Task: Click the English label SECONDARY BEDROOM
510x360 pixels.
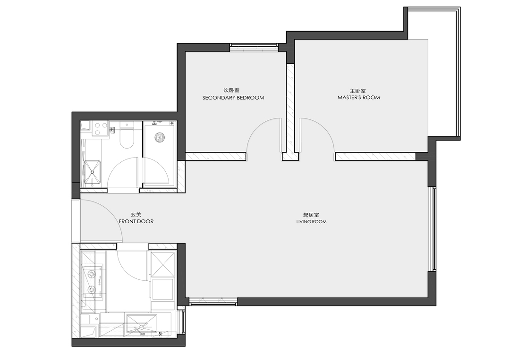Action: pos(233,98)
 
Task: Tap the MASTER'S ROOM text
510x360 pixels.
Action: pos(359,98)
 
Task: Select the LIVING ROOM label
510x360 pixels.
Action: pos(312,222)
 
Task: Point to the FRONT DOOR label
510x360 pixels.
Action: pos(136,222)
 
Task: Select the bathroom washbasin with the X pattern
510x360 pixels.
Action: pos(93,173)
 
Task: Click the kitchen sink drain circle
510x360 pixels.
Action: pos(142,327)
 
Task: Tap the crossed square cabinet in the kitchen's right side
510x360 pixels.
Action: pos(162,263)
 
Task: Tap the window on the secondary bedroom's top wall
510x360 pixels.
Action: pos(254,48)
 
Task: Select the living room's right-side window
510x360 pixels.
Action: pos(432,229)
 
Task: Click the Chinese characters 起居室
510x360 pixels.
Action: pos(311,215)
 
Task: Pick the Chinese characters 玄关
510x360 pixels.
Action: pos(136,215)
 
